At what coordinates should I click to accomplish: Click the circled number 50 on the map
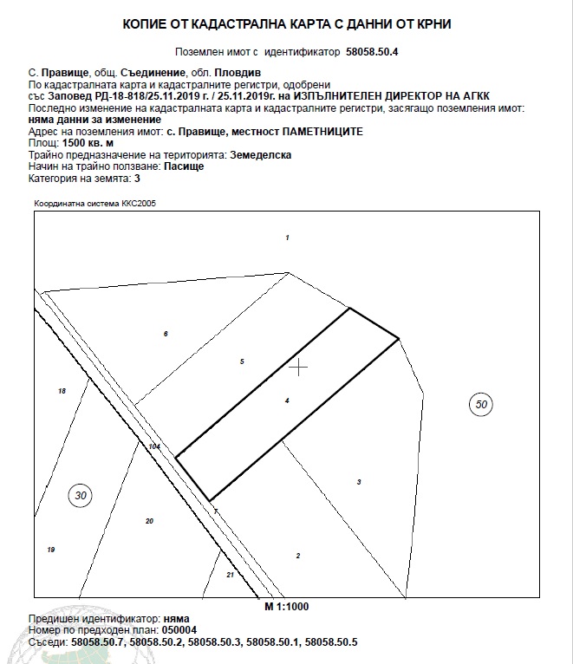tap(482, 403)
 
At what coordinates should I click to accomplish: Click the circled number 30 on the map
tap(81, 496)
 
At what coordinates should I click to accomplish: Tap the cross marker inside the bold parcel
tap(298, 368)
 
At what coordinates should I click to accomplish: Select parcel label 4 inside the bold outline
tap(287, 400)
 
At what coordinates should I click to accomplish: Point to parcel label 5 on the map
tap(242, 361)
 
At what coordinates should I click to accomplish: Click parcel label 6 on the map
tap(166, 334)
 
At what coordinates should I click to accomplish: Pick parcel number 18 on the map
tap(62, 392)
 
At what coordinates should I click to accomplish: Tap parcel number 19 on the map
tap(51, 550)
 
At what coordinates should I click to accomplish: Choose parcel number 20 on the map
tap(149, 521)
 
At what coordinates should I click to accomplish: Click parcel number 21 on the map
tap(230, 575)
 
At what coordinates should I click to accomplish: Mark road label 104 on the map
tap(154, 446)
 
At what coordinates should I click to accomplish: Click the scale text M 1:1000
tap(287, 606)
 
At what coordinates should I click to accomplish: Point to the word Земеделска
tap(260, 153)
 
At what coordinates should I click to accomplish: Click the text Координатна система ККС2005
tap(95, 204)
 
